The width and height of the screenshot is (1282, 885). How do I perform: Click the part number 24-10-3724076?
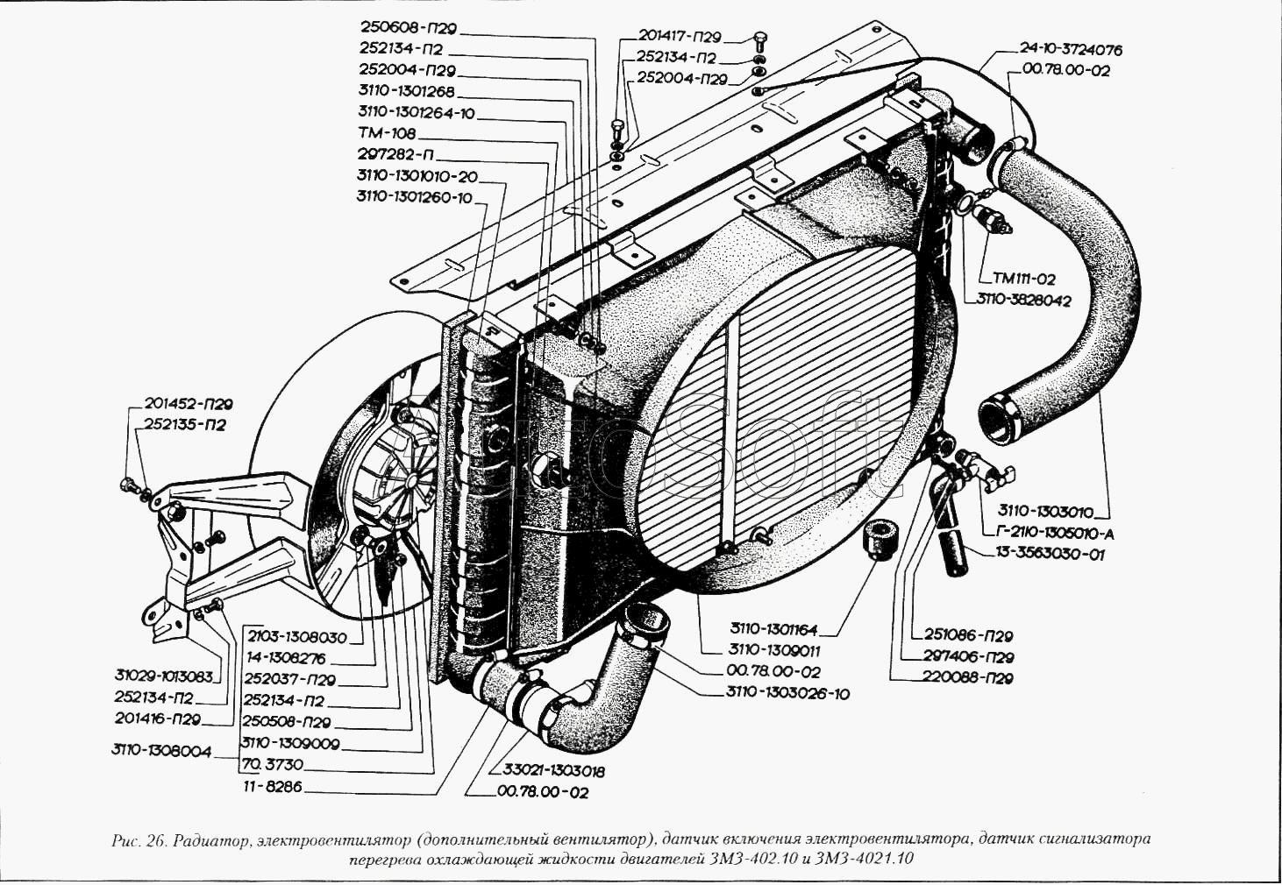pos(1071,50)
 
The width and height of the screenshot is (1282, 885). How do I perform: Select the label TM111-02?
pos(1023,280)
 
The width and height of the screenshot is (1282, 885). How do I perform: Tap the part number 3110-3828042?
pos(1023,300)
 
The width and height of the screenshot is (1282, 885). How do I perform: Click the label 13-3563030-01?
pos(1050,554)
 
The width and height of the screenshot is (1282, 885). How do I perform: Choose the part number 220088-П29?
pos(968,678)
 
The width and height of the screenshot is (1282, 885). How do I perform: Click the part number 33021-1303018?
pos(553,772)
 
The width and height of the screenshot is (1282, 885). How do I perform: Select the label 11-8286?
pos(273,787)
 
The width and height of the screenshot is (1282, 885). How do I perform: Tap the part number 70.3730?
pos(272,765)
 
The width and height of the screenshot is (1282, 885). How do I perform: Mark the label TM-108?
pos(387,134)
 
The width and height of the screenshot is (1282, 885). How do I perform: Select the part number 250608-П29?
pos(408,30)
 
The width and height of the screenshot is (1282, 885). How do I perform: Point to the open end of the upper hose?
pos(999,415)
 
